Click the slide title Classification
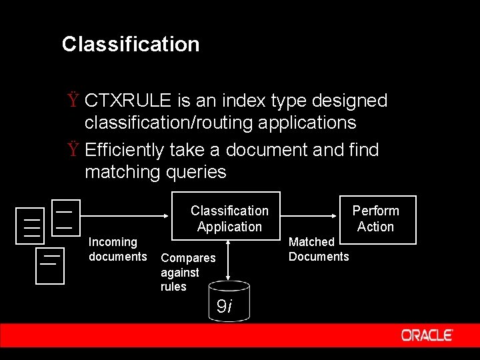(x=131, y=45)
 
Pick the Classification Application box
(x=229, y=216)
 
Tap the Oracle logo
(x=427, y=335)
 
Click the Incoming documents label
(x=117, y=249)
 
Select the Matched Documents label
(x=318, y=249)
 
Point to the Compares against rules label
(x=187, y=272)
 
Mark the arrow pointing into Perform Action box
(x=310, y=215)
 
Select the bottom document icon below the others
(x=49, y=265)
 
